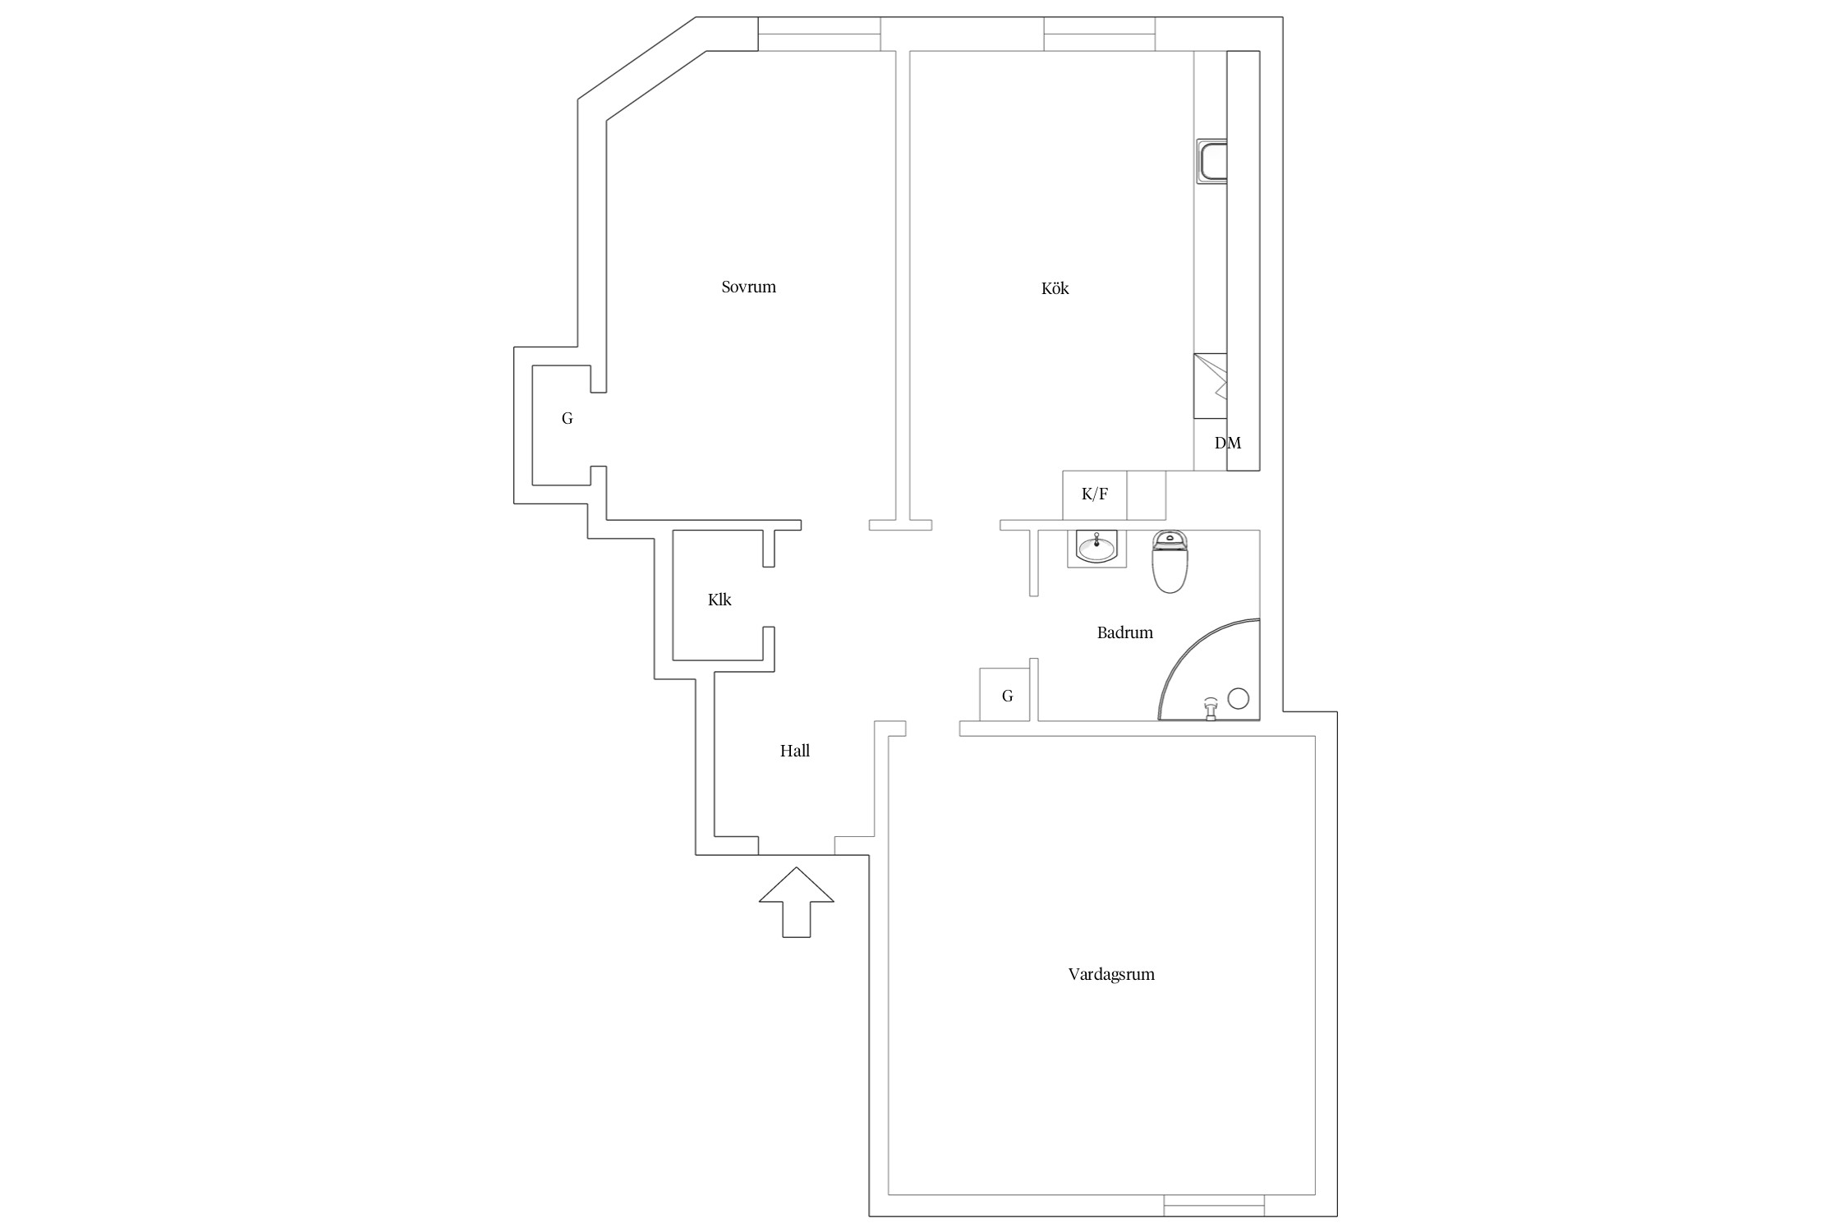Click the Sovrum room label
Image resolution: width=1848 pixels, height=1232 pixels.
pyautogui.click(x=748, y=287)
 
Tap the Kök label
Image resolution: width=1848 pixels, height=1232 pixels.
pyautogui.click(x=1055, y=288)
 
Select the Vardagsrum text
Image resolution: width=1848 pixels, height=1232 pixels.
pyautogui.click(x=1111, y=974)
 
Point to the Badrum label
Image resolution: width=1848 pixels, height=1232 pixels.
pyautogui.click(x=1124, y=632)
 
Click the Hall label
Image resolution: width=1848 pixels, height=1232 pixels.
pyautogui.click(x=795, y=751)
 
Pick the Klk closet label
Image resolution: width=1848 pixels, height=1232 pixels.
pyautogui.click(x=719, y=600)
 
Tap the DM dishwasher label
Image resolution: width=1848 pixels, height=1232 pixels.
pyautogui.click(x=1228, y=443)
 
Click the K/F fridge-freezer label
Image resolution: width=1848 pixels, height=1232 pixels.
pyautogui.click(x=1095, y=494)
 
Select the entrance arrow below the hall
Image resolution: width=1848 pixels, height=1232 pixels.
pyautogui.click(x=796, y=902)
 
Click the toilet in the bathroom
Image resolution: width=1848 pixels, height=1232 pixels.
pyautogui.click(x=1170, y=562)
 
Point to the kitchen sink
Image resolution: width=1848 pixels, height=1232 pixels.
pyautogui.click(x=1212, y=161)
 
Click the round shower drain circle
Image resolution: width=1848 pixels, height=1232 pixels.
pyautogui.click(x=1239, y=699)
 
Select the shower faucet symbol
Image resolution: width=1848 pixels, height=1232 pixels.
pyautogui.click(x=1210, y=709)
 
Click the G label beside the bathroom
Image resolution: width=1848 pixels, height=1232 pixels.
pyautogui.click(x=1007, y=696)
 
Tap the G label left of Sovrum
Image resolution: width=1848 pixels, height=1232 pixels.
pyautogui.click(x=567, y=418)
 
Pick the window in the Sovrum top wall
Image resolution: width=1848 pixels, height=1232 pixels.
pyautogui.click(x=819, y=34)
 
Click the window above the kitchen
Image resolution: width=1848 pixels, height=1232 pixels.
pyautogui.click(x=1100, y=34)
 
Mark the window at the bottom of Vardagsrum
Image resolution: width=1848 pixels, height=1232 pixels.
pyautogui.click(x=1214, y=1205)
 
